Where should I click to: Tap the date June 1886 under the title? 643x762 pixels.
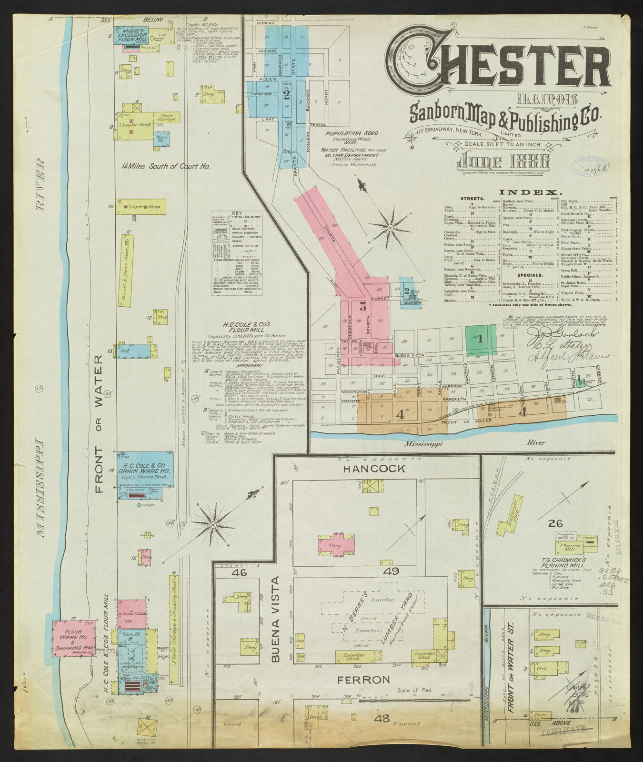click(504, 161)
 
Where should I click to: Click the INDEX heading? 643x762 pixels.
click(530, 193)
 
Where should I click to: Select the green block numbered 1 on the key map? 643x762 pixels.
click(481, 340)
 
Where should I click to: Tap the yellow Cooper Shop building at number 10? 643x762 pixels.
click(141, 207)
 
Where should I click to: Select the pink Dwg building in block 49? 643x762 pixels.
click(336, 545)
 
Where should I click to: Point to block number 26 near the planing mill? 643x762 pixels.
click(555, 523)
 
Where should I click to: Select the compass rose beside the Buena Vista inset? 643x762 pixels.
click(212, 524)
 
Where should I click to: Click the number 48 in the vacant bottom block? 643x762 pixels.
click(381, 719)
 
